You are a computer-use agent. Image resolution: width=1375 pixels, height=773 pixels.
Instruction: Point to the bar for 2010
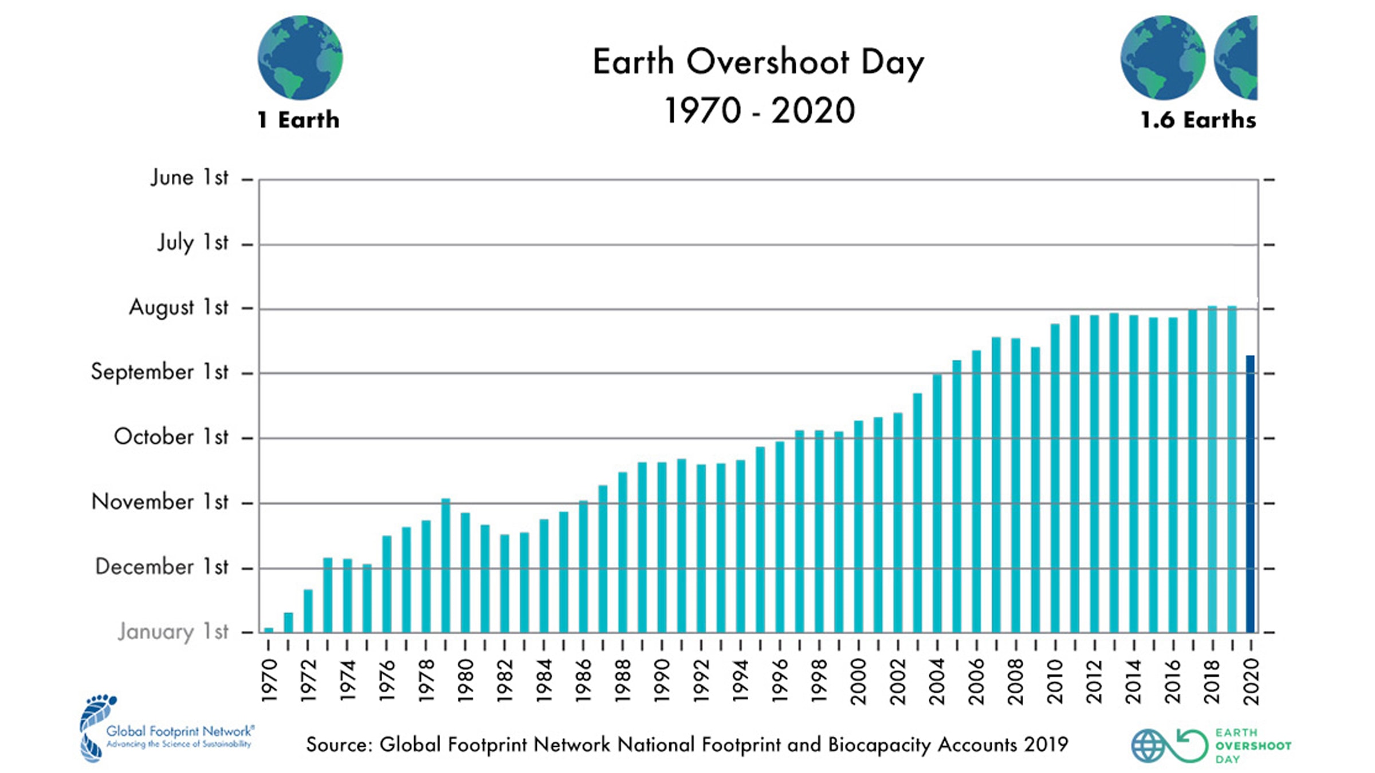(x=1055, y=478)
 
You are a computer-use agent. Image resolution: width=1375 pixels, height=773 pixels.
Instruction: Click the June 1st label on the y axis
(x=189, y=178)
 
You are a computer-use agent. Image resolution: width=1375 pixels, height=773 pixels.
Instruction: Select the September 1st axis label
(x=159, y=372)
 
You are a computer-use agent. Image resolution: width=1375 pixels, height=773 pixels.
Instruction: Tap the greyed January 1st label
(x=173, y=632)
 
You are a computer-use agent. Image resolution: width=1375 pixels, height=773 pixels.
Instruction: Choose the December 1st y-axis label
(x=162, y=567)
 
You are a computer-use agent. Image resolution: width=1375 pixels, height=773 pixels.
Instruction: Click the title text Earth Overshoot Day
(x=758, y=62)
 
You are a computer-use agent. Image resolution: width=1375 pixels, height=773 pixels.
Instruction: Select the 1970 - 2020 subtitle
(x=759, y=111)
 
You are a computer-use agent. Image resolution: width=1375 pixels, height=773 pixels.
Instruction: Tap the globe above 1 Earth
(x=300, y=57)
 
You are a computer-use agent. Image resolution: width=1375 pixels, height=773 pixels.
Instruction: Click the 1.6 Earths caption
(x=1198, y=120)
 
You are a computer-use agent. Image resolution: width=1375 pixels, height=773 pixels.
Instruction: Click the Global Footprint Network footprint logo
(x=97, y=727)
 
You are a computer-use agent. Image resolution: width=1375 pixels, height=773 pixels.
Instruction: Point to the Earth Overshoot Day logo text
(x=1252, y=746)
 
